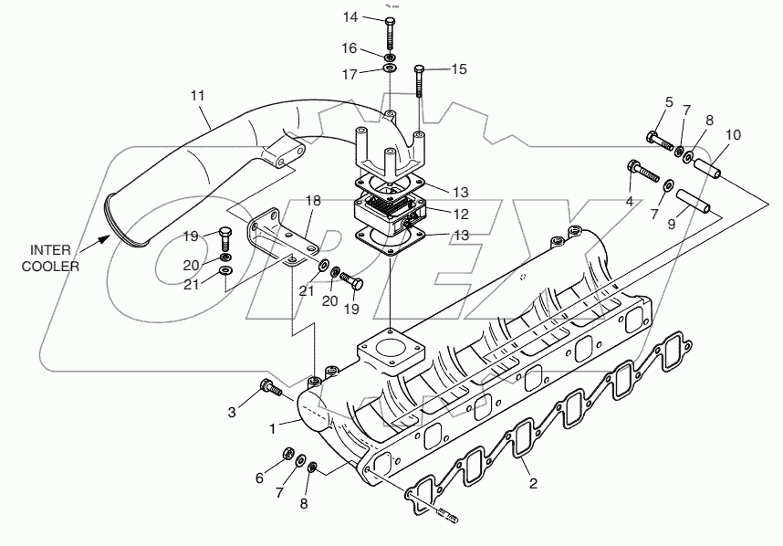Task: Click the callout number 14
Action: coord(350,17)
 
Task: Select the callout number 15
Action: coord(458,68)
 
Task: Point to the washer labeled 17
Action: coord(390,68)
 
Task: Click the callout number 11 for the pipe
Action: coord(199,95)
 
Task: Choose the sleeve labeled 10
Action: coord(710,169)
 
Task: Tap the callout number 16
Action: coord(350,47)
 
